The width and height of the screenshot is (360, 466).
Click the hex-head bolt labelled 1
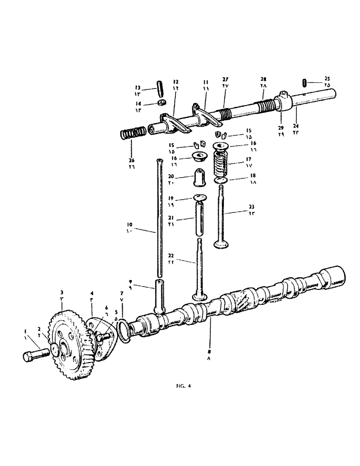click(x=35, y=356)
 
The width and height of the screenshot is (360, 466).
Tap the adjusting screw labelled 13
click(x=160, y=87)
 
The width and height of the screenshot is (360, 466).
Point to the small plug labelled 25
click(x=304, y=82)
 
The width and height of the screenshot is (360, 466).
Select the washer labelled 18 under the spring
click(x=222, y=180)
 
